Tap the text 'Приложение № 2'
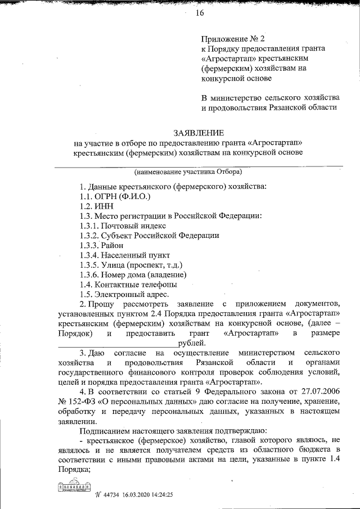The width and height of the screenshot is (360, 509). [x=233, y=39]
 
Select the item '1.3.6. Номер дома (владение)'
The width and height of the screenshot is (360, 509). [x=133, y=274]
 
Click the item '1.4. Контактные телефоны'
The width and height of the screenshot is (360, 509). [x=124, y=284]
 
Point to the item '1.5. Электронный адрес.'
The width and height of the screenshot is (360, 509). [x=124, y=294]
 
